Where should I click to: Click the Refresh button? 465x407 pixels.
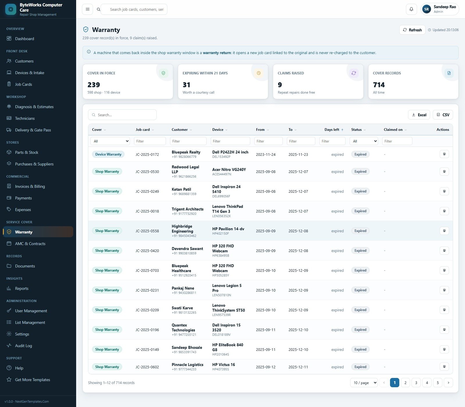point(412,30)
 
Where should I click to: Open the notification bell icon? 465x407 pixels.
point(411,9)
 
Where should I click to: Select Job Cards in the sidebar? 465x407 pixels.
point(24,84)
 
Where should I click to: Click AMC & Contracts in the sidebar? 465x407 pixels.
point(30,244)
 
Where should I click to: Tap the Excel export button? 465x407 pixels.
point(419,115)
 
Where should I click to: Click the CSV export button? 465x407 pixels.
point(443,115)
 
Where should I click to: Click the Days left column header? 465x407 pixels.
point(332,130)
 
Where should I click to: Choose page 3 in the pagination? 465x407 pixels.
point(416,383)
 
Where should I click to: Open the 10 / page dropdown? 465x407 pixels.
point(364,383)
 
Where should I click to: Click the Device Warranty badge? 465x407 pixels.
point(108,154)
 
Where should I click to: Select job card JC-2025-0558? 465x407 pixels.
point(147,231)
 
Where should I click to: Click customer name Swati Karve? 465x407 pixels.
point(182,308)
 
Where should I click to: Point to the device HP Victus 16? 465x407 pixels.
point(223,365)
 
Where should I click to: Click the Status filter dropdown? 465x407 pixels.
point(364,141)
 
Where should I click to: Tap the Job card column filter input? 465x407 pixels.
point(150,141)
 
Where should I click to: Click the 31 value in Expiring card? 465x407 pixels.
point(187,85)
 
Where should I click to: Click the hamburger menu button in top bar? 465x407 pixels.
point(87,9)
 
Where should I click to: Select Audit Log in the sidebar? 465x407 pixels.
point(24,346)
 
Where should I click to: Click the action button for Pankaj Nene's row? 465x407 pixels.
point(444,290)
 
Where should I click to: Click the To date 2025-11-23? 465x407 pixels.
point(298,154)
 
